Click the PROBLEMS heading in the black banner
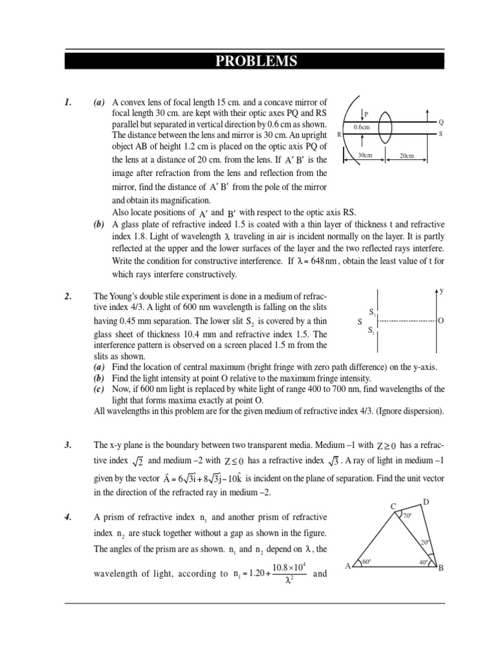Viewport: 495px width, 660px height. click(x=256, y=61)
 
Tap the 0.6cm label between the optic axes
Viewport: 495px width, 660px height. click(x=362, y=127)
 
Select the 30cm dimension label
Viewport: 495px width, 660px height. click(x=365, y=155)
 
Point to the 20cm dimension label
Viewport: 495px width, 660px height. click(x=407, y=155)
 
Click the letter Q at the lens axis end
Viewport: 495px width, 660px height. click(x=441, y=121)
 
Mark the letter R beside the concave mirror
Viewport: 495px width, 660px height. click(x=339, y=134)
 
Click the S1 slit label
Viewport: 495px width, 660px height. click(x=372, y=312)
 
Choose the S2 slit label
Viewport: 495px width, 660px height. click(x=372, y=330)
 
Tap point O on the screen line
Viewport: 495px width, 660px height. click(x=441, y=320)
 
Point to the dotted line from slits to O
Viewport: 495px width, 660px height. click(x=406, y=320)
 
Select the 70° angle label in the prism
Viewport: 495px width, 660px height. click(x=407, y=516)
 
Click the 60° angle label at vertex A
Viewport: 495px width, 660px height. click(x=367, y=562)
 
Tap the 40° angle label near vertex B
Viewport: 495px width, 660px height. click(x=423, y=562)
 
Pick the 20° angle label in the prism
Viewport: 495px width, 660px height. click(x=425, y=543)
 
